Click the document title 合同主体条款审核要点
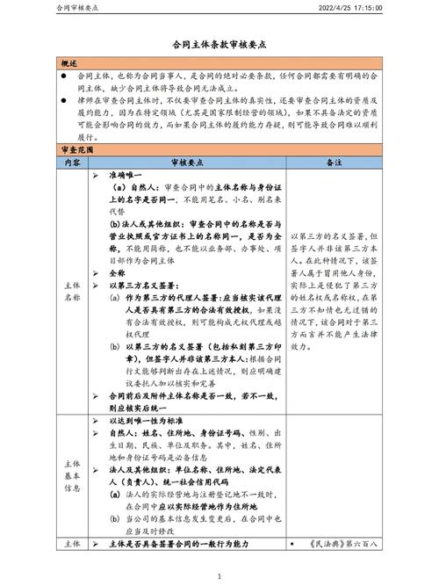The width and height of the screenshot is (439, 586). [219, 43]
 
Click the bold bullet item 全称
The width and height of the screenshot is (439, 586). [118, 274]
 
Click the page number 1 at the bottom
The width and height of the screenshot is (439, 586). [219, 576]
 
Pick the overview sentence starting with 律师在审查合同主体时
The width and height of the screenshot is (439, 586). [219, 113]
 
